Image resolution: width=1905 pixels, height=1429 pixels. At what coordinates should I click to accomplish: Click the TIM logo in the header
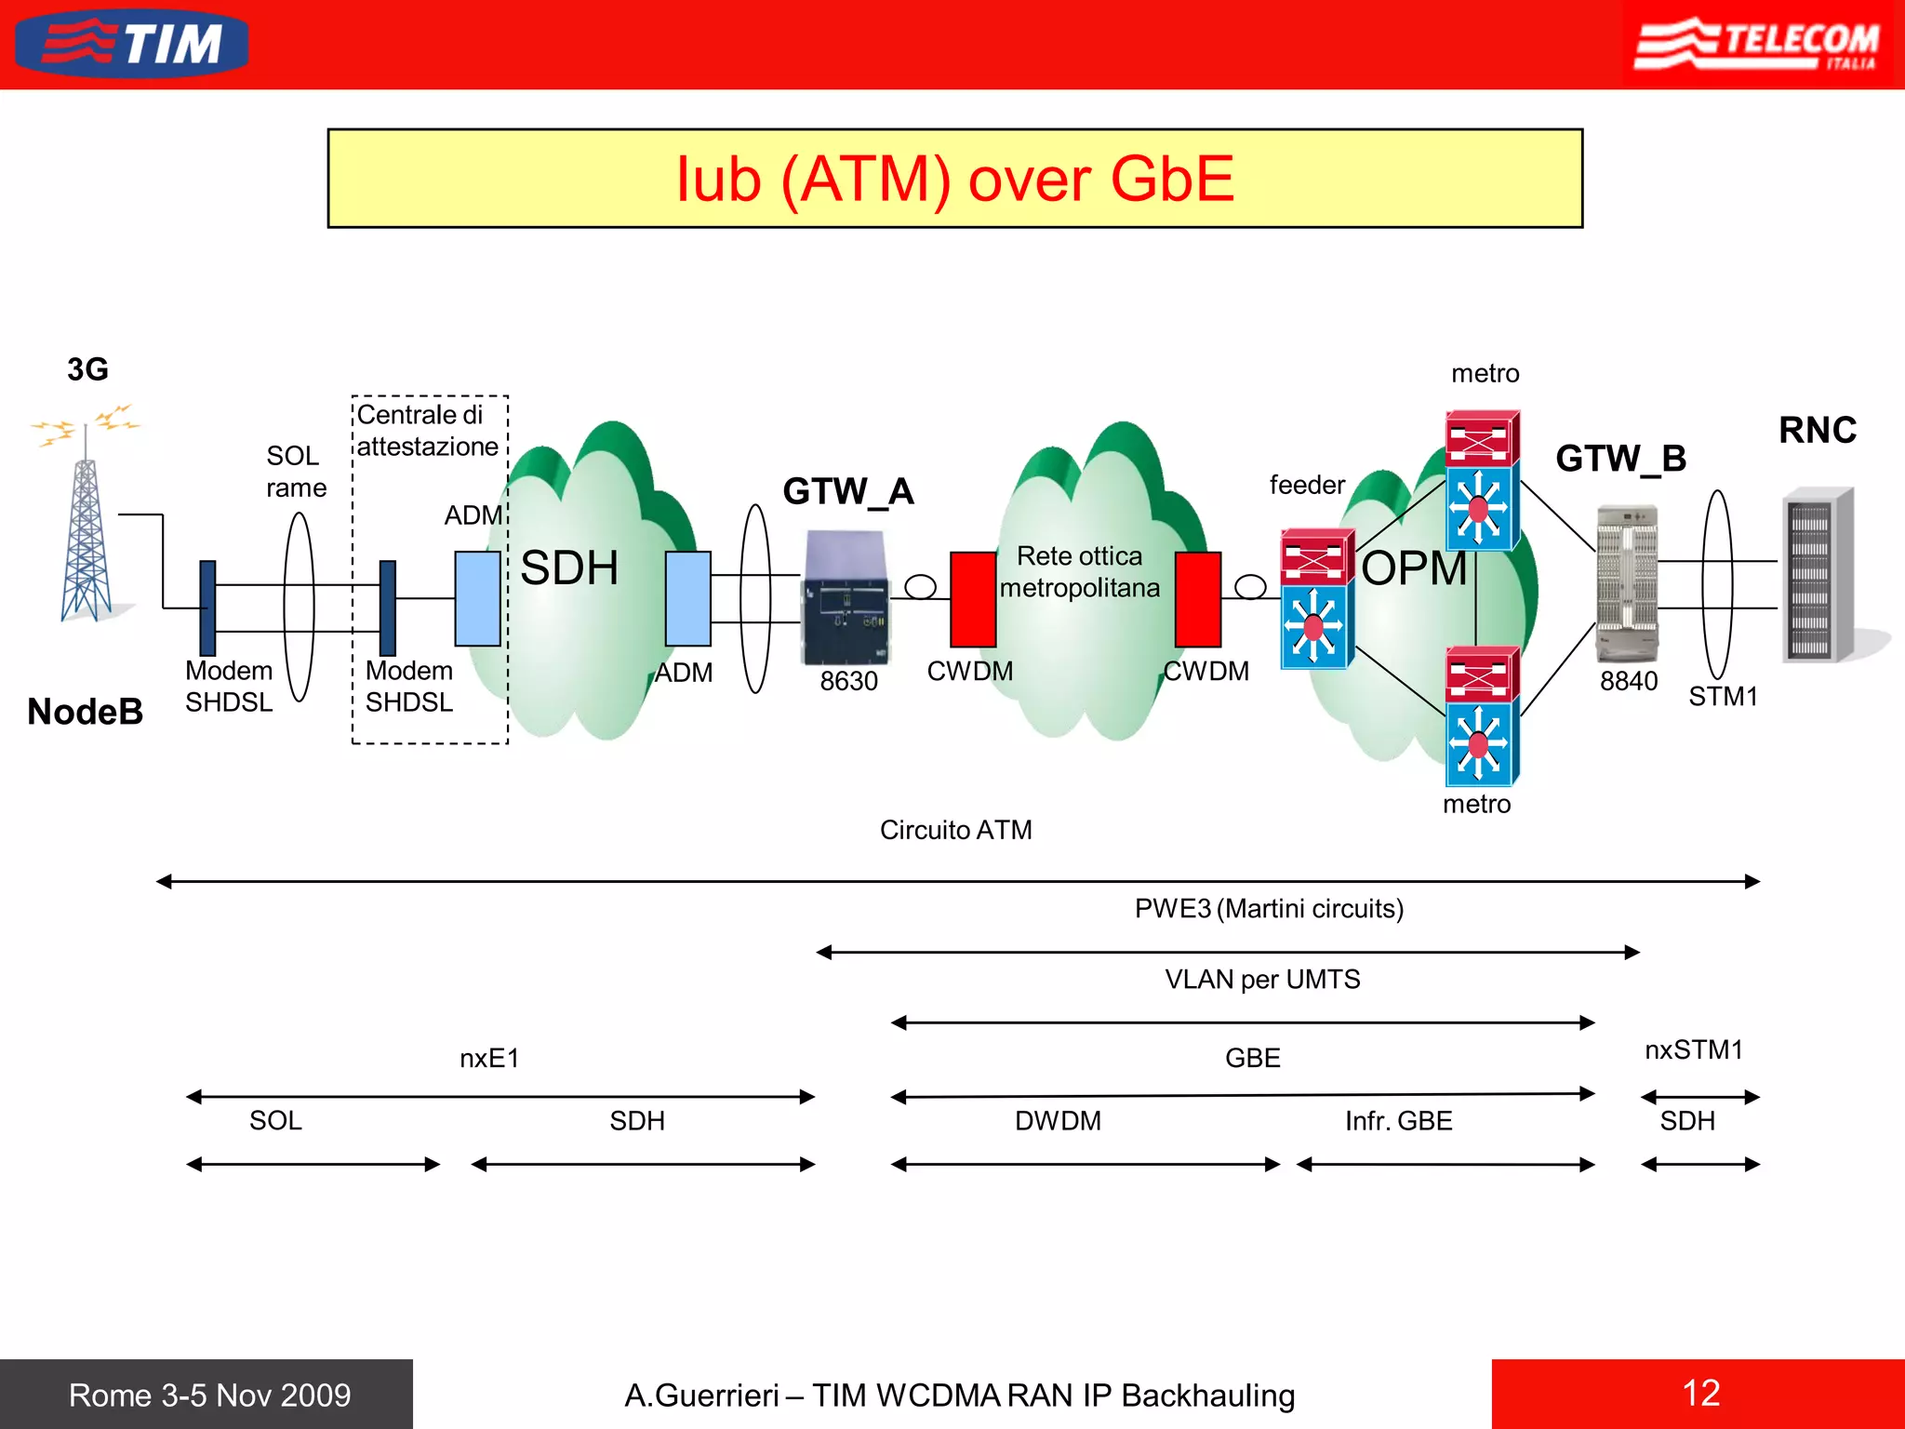point(132,44)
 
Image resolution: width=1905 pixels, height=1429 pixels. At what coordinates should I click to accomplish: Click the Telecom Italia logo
point(1757,45)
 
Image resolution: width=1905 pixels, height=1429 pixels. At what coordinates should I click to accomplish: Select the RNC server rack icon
point(1818,575)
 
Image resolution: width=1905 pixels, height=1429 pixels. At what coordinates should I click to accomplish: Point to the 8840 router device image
point(1627,581)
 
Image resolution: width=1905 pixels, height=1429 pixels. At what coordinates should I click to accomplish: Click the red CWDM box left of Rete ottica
point(973,599)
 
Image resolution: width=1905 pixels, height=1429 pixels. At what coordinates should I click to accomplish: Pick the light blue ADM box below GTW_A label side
point(688,598)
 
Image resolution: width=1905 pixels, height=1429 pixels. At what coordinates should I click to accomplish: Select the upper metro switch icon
point(1483,480)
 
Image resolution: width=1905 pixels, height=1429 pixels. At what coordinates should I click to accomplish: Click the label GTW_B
point(1621,459)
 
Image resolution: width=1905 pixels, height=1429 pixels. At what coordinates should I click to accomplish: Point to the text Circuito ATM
point(956,830)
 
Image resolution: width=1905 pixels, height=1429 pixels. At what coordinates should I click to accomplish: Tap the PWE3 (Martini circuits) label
point(1269,908)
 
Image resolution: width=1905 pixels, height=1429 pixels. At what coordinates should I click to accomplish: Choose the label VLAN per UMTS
point(1262,980)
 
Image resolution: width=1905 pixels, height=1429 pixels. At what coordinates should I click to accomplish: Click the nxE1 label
point(489,1058)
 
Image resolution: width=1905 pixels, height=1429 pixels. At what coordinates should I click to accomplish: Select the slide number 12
point(1701,1393)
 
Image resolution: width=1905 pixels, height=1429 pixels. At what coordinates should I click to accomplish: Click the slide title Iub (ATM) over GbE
point(955,179)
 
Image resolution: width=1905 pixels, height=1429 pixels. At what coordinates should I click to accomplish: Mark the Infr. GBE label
point(1399,1121)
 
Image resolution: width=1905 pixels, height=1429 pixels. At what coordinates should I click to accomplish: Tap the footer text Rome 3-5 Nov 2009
point(210,1395)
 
